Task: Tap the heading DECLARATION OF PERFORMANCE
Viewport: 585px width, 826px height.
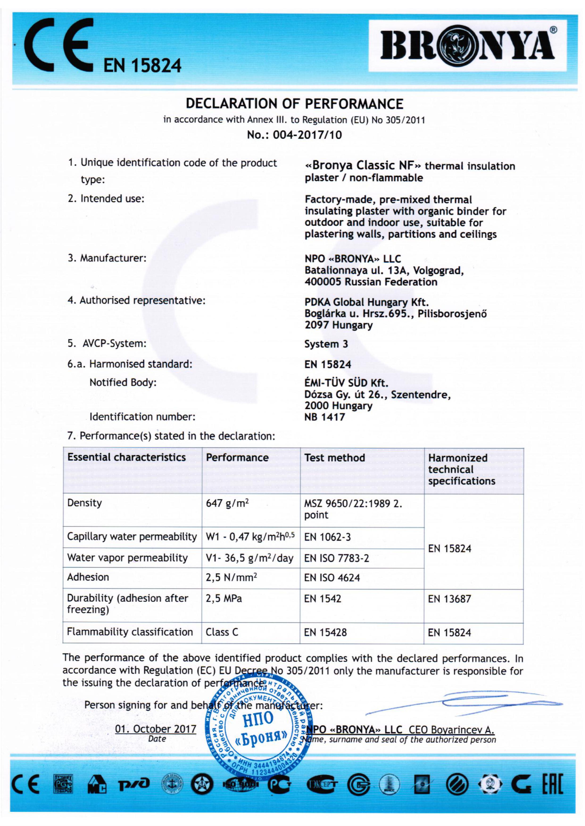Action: coord(294,104)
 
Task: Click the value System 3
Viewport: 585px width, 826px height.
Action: coord(326,344)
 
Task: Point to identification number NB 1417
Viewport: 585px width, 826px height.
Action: coord(324,417)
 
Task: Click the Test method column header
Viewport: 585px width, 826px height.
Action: coord(334,458)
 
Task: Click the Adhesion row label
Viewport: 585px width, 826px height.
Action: coord(88,578)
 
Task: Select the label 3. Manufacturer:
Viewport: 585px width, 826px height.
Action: coord(107,258)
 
